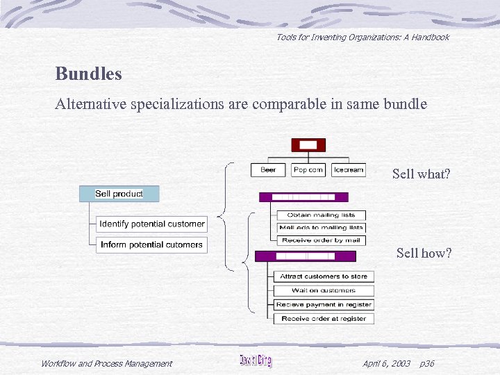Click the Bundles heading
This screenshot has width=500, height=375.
click(88, 74)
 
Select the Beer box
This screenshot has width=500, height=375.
click(268, 170)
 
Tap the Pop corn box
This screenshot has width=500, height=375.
click(309, 170)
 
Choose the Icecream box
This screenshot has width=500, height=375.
click(348, 170)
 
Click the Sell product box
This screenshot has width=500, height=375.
click(119, 194)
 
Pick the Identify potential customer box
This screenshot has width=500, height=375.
click(151, 224)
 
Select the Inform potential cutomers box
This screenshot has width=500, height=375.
click(151, 244)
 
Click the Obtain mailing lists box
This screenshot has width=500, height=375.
click(321, 215)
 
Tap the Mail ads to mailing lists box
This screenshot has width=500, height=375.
click(321, 228)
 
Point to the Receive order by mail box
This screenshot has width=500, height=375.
click(321, 240)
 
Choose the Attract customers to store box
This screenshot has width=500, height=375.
click(324, 276)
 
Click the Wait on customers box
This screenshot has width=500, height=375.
click(324, 290)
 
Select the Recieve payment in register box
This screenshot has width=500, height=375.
click(324, 305)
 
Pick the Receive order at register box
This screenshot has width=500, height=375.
click(324, 319)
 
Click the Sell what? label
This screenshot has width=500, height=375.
click(421, 174)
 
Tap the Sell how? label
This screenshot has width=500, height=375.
click(424, 253)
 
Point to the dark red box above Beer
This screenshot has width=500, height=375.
click(309, 145)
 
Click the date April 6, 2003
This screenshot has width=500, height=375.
click(386, 363)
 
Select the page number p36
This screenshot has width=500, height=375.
click(427, 363)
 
